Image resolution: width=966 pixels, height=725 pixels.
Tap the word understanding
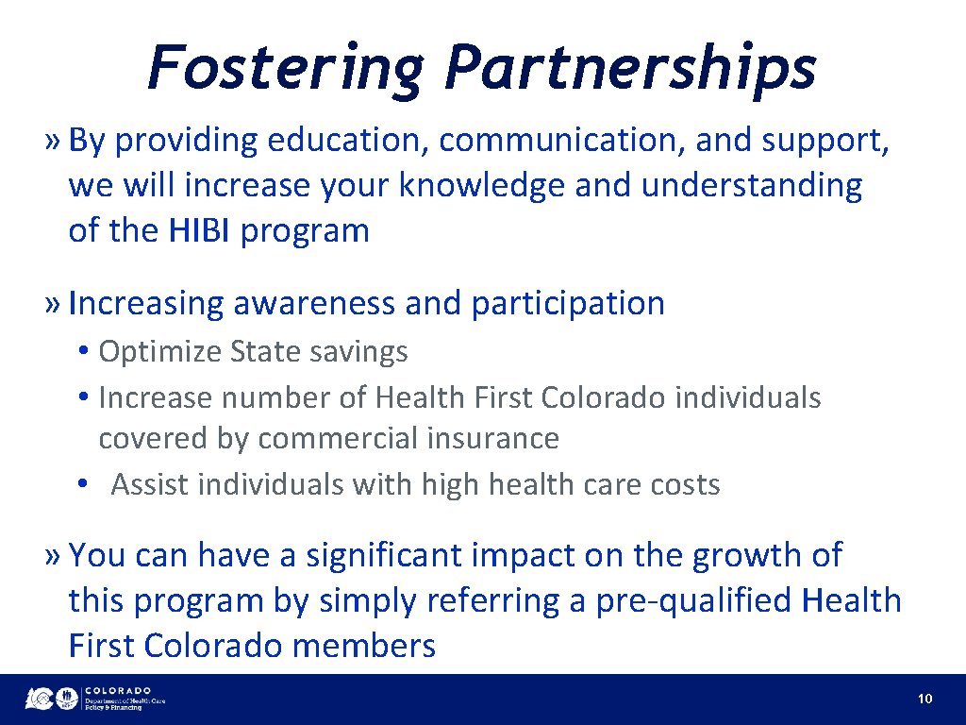coord(751,186)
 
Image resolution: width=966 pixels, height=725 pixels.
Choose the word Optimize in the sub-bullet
coord(160,352)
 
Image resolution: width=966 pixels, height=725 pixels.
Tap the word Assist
coord(151,485)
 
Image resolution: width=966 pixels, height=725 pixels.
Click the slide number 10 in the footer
coord(924,700)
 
